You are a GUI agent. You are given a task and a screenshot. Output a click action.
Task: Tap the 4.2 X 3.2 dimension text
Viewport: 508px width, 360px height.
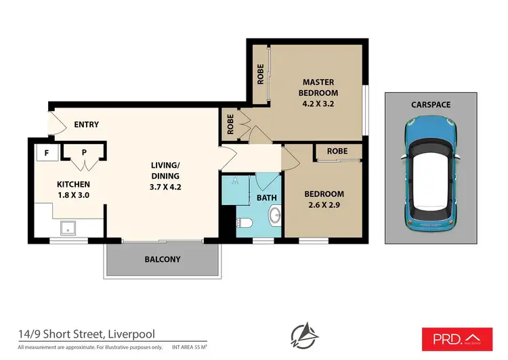(319, 104)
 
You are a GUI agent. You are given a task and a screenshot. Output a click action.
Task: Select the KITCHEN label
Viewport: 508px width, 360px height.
(73, 183)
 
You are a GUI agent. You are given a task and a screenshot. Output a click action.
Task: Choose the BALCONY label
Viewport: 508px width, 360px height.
(163, 259)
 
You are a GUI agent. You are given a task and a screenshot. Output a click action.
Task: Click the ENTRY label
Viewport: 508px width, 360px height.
(86, 125)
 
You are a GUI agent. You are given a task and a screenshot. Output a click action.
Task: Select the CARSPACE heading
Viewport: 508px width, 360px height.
(430, 105)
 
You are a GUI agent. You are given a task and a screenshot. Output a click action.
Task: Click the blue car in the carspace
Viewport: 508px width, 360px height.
(430, 173)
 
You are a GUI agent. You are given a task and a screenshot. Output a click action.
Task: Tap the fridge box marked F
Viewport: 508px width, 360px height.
(46, 153)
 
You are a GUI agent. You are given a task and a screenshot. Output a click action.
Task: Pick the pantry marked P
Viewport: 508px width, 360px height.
(84, 153)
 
